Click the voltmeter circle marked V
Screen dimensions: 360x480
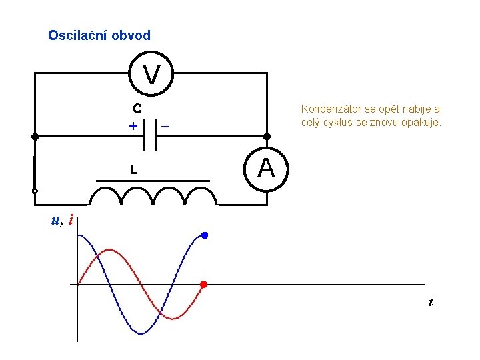(152, 73)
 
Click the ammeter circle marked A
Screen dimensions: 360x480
(266, 168)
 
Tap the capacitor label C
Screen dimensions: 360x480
(136, 109)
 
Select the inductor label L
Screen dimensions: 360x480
(133, 171)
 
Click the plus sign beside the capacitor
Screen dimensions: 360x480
(133, 126)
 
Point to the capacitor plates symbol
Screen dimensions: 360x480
(150, 135)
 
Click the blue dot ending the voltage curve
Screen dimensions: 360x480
(205, 235)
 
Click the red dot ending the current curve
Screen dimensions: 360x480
(204, 285)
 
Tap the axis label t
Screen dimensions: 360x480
(431, 303)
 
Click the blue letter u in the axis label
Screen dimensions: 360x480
(55, 219)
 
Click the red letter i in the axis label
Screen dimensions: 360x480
(71, 219)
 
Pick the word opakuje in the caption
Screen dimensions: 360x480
(420, 123)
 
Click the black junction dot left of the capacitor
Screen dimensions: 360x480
(35, 136)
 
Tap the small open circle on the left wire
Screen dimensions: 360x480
(35, 191)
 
